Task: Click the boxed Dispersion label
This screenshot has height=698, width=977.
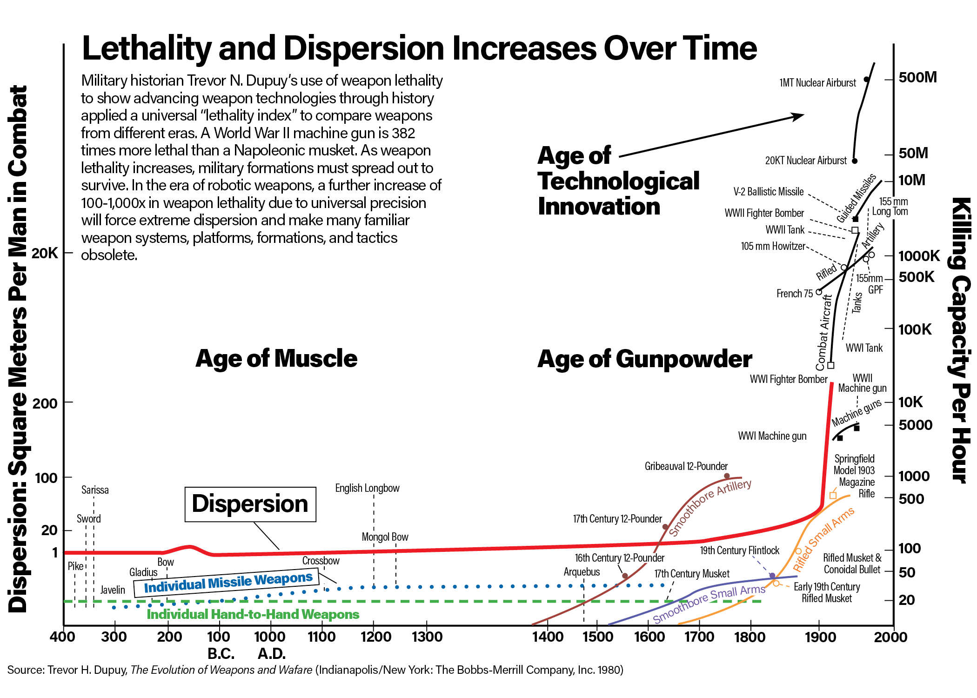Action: point(250,504)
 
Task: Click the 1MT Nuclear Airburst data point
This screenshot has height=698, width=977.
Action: point(866,80)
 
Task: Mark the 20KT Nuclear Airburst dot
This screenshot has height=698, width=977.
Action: point(855,161)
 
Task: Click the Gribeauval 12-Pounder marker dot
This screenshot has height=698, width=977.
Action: point(727,476)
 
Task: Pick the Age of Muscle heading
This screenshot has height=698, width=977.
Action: point(276,359)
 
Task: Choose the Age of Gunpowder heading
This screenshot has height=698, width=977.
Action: point(644,359)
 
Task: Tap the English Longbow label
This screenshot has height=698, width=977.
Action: point(367,488)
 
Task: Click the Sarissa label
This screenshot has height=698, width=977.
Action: point(95,490)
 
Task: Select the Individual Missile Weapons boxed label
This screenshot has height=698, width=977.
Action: point(228,582)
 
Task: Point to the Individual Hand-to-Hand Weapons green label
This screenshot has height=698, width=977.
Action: point(253,615)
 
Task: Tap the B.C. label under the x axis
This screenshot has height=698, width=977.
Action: point(221,654)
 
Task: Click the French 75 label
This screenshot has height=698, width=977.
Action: point(795,294)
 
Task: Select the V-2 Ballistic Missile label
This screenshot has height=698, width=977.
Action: point(769,192)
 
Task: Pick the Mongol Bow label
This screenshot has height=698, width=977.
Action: point(385,537)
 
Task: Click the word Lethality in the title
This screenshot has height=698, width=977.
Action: point(147,48)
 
